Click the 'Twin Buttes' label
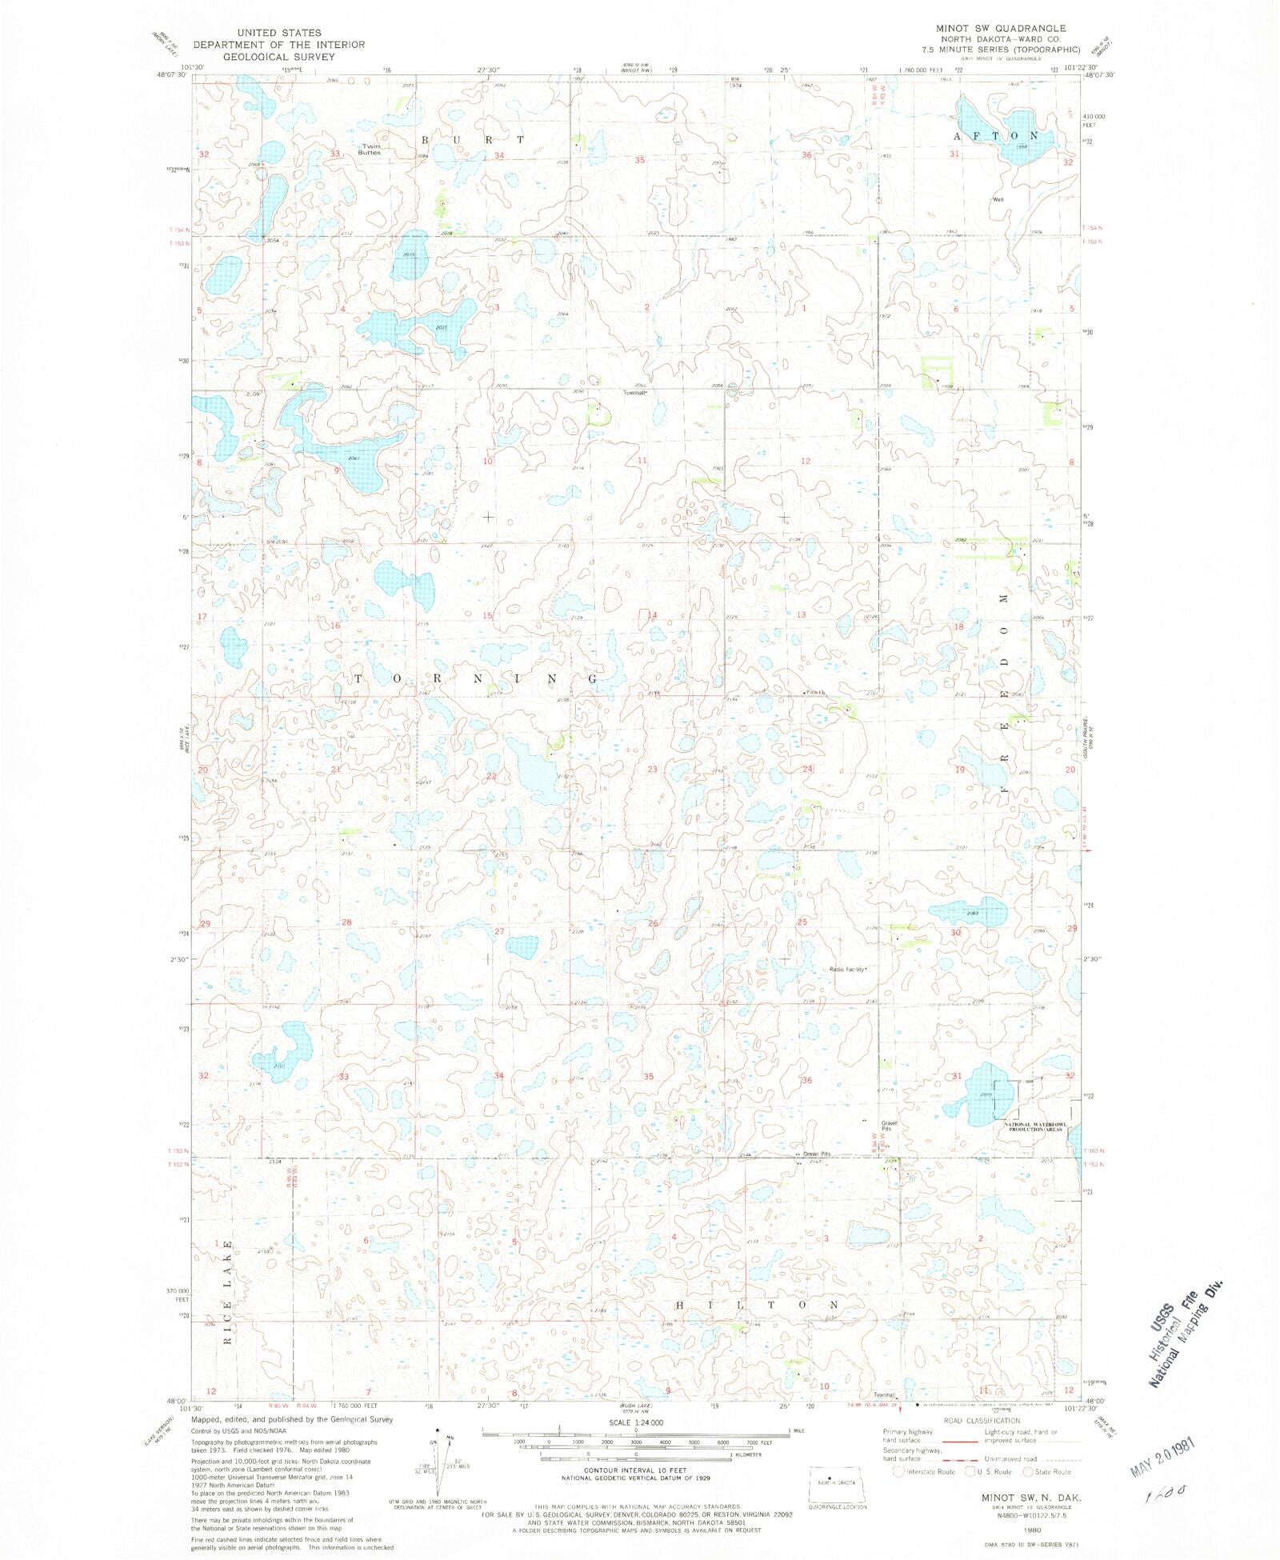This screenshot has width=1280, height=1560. pos(370,150)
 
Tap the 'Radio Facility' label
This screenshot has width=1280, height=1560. pos(848,970)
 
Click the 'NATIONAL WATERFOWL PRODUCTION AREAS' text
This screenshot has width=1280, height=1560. pos(1034,1126)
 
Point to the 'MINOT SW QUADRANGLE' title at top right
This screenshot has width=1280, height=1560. pos(1001,28)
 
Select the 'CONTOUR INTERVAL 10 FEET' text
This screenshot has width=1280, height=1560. pos(635,1470)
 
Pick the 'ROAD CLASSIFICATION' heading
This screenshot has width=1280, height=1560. pos(982,1421)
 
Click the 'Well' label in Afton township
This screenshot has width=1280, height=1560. pos(998,199)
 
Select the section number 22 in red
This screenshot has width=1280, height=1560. pos(492,776)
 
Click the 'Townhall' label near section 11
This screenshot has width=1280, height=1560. pos(634,393)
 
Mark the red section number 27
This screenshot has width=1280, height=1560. pos(499,931)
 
